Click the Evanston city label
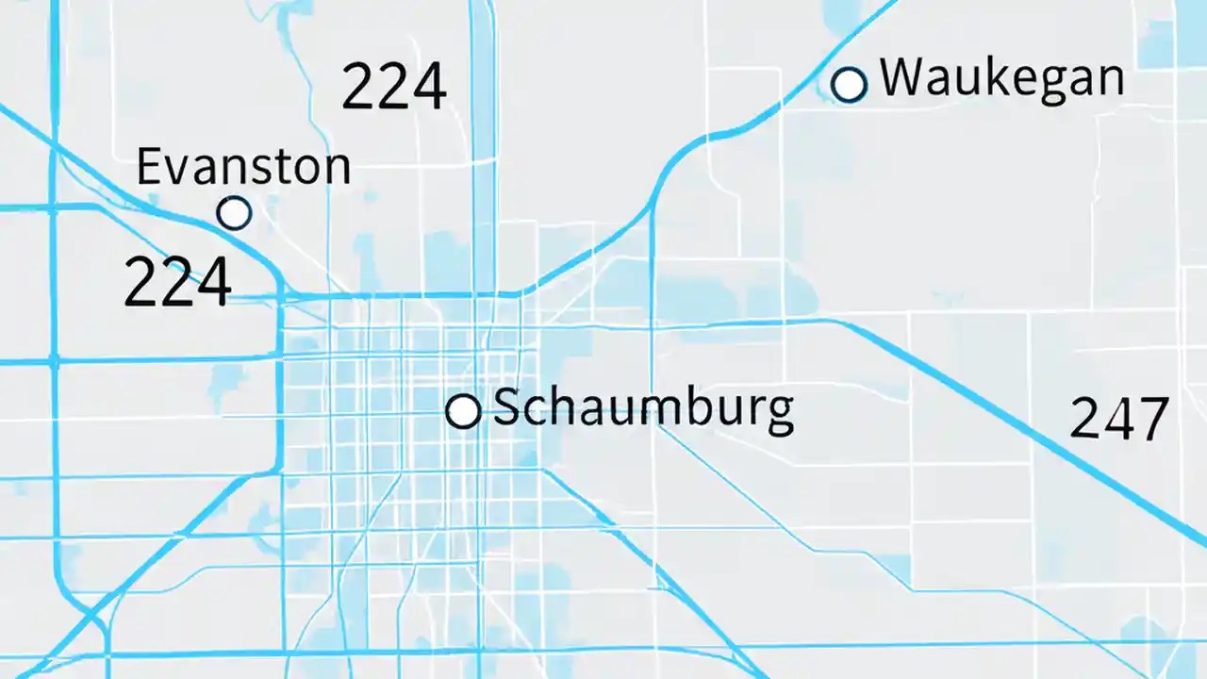click(x=243, y=167)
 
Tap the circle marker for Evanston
click(x=234, y=213)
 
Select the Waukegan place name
click(x=1001, y=78)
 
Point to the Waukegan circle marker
click(x=849, y=85)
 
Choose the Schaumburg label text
click(x=642, y=409)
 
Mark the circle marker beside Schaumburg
click(x=463, y=411)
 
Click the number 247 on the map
click(x=1119, y=419)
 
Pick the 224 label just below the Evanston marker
click(x=177, y=282)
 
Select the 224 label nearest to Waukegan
click(x=393, y=87)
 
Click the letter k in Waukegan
click(x=982, y=76)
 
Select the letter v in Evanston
click(x=177, y=171)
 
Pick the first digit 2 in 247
click(x=1085, y=419)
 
